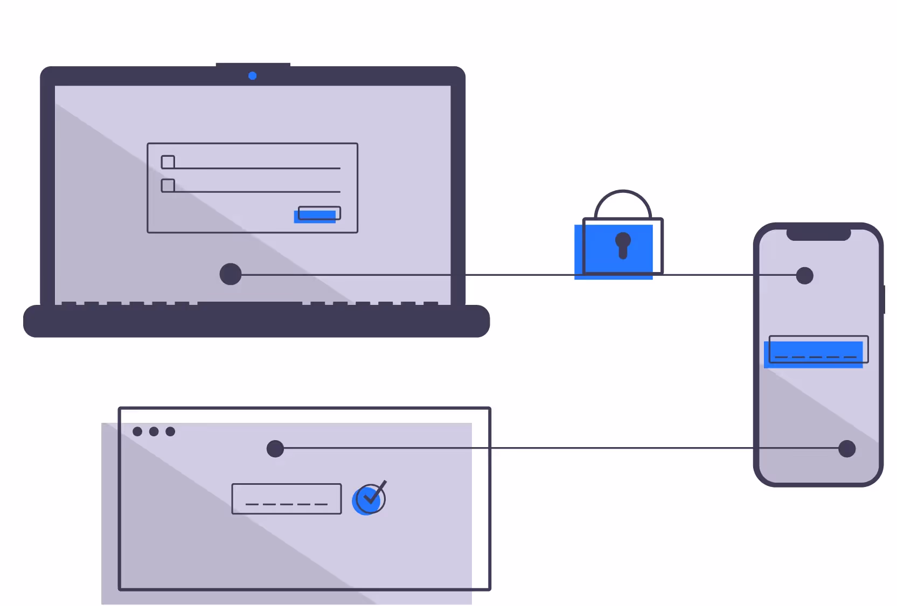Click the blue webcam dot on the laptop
coord(252,76)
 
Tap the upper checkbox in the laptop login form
coord(168,162)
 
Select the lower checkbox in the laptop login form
coord(168,186)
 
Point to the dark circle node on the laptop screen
coord(231,274)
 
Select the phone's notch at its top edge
coord(818,234)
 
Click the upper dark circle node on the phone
coord(804,276)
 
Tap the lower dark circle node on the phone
coord(847,449)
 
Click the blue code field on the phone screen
coord(816,352)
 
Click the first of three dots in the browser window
coord(137,431)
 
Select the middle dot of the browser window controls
coord(154,431)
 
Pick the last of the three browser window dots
coord(170,431)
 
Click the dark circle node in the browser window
coord(275,449)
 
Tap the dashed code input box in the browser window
coord(287,499)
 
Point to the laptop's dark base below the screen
coord(256,322)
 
